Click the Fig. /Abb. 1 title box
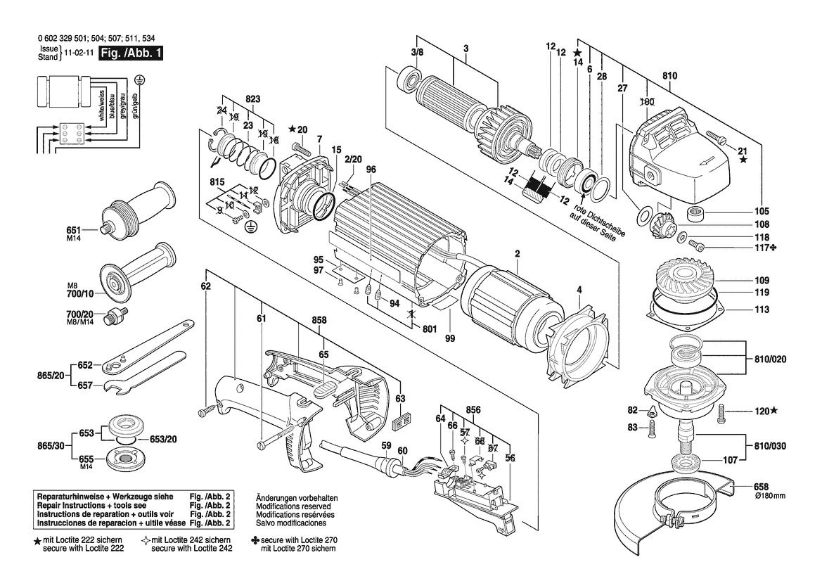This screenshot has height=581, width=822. (131, 53)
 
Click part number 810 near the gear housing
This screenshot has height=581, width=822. (669, 75)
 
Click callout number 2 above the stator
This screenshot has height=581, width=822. (517, 253)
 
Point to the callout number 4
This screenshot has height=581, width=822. (579, 288)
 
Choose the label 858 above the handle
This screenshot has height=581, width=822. (320, 320)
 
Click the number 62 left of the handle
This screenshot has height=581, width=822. (205, 286)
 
